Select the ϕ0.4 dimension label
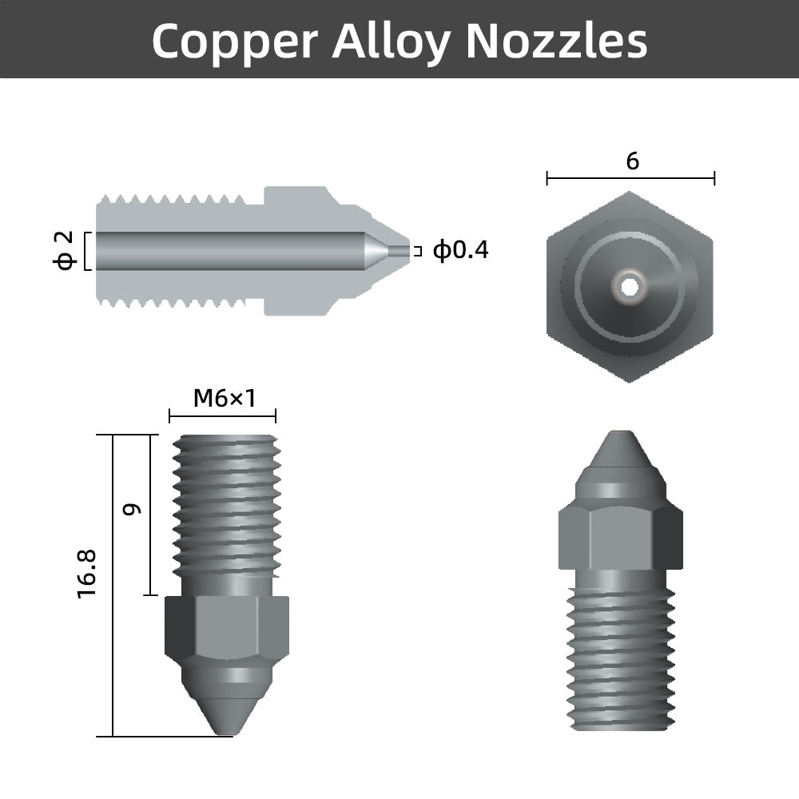click(x=460, y=251)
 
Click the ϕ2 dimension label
click(x=66, y=251)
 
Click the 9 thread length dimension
click(x=133, y=508)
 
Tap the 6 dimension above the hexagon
click(x=632, y=161)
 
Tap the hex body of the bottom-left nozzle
click(x=226, y=627)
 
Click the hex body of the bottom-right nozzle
click(x=620, y=535)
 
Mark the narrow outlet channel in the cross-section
click(x=397, y=251)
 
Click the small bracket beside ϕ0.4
click(x=416, y=251)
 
